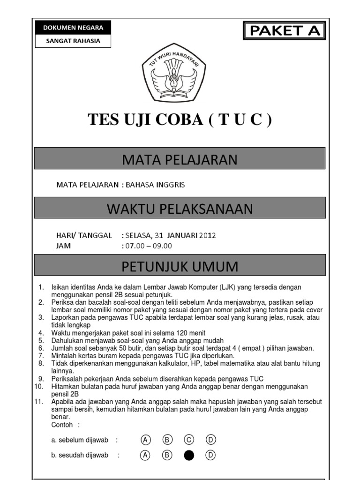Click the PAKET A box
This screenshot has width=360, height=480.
pos(284,31)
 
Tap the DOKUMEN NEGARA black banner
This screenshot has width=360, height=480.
pos(73,27)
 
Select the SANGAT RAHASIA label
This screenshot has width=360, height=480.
pos(73,41)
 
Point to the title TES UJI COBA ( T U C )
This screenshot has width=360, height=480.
pos(180,120)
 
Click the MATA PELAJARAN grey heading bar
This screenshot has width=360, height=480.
pos(180,160)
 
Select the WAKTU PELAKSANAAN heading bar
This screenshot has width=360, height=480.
pos(180,209)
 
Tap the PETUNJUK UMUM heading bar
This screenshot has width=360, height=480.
pos(180,267)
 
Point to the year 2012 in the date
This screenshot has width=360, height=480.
pos(207,235)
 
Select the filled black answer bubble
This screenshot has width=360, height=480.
pos(189,455)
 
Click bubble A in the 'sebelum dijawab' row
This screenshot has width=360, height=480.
pos(146,440)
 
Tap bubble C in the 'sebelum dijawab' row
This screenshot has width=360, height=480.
pos(189,440)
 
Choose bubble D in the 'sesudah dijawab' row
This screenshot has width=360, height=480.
pos(210,455)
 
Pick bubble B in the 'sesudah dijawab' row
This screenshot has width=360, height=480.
pos(167,455)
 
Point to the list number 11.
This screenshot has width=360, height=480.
pos(39,402)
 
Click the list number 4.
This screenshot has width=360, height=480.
pos(41,333)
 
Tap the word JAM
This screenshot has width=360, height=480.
pos(63,246)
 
